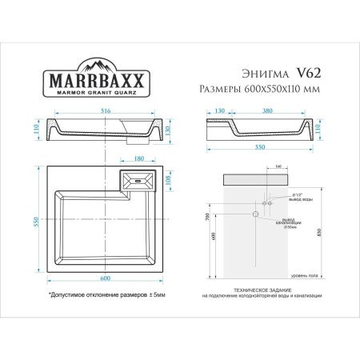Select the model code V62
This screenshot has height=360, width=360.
[307, 72]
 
